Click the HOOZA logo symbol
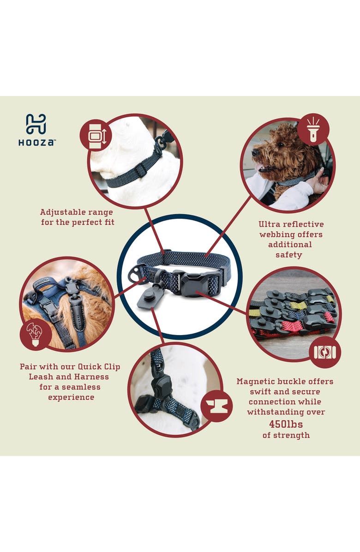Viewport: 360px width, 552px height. (x=36, y=124)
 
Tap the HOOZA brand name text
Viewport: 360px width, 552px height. (x=36, y=143)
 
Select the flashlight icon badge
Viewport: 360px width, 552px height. (x=313, y=129)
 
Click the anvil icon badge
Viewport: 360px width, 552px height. (x=216, y=406)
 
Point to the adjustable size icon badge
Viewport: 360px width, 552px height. (x=96, y=135)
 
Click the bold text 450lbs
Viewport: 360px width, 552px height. (x=286, y=424)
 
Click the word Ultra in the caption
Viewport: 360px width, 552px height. (x=270, y=224)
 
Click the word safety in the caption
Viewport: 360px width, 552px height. (x=289, y=255)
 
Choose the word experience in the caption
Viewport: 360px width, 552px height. (x=71, y=397)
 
